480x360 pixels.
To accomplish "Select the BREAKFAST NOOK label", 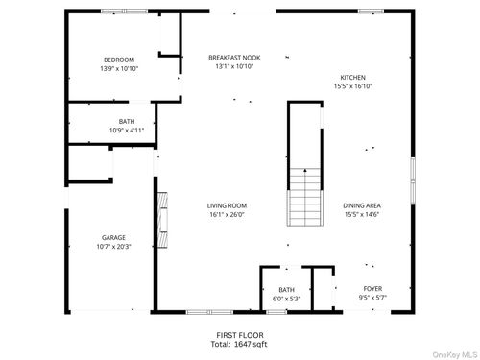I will click(234, 58).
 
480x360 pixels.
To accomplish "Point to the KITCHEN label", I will click(352, 78).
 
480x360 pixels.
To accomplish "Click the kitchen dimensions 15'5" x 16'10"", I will click(352, 87).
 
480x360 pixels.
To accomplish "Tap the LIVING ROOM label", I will click(228, 204).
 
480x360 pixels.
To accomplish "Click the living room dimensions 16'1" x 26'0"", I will click(228, 214).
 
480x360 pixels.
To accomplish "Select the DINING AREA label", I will click(362, 204).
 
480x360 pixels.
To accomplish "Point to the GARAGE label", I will click(114, 237).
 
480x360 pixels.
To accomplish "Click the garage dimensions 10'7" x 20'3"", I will click(114, 247).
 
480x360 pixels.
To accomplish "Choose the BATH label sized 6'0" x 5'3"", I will click(286, 289).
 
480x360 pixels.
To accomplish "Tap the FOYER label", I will click(372, 288).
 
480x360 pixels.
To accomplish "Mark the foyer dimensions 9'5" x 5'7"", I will click(372, 298).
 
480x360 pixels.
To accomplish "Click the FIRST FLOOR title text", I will click(239, 333).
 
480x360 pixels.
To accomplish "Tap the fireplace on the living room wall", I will click(161, 218).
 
